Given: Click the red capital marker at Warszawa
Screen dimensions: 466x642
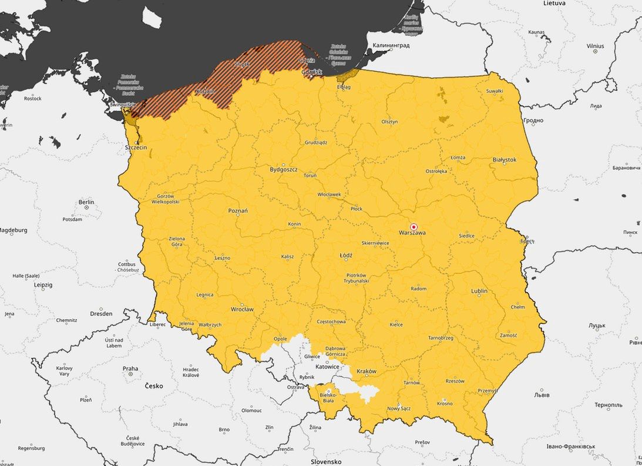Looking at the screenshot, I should point(414,227).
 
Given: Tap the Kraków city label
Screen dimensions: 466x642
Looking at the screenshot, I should point(366,371).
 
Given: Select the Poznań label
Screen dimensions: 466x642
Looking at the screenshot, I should point(238,210).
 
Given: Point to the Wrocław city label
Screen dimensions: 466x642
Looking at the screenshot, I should point(242,309).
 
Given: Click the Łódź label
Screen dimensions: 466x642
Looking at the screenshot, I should point(346,256).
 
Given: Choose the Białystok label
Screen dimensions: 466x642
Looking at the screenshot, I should point(504,159).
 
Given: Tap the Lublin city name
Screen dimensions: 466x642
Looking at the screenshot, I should point(479,291).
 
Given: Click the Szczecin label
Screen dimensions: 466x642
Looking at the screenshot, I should point(136,147).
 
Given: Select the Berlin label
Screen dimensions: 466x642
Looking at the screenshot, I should point(86,202).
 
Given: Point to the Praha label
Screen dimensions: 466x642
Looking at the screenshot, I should point(130,369).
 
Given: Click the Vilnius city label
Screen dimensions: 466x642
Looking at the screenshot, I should point(595,46).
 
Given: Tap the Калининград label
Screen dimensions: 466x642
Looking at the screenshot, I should point(391,45).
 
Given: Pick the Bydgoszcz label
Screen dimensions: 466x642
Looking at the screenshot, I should point(283,169).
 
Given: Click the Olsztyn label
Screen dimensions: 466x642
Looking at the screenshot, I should point(389,122).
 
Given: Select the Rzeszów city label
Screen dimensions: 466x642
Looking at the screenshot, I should point(455,381).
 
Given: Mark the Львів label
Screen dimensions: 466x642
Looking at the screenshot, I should point(541,395).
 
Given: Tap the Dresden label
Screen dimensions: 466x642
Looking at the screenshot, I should point(101,314).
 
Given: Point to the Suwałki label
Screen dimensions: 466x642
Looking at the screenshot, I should point(495,91).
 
